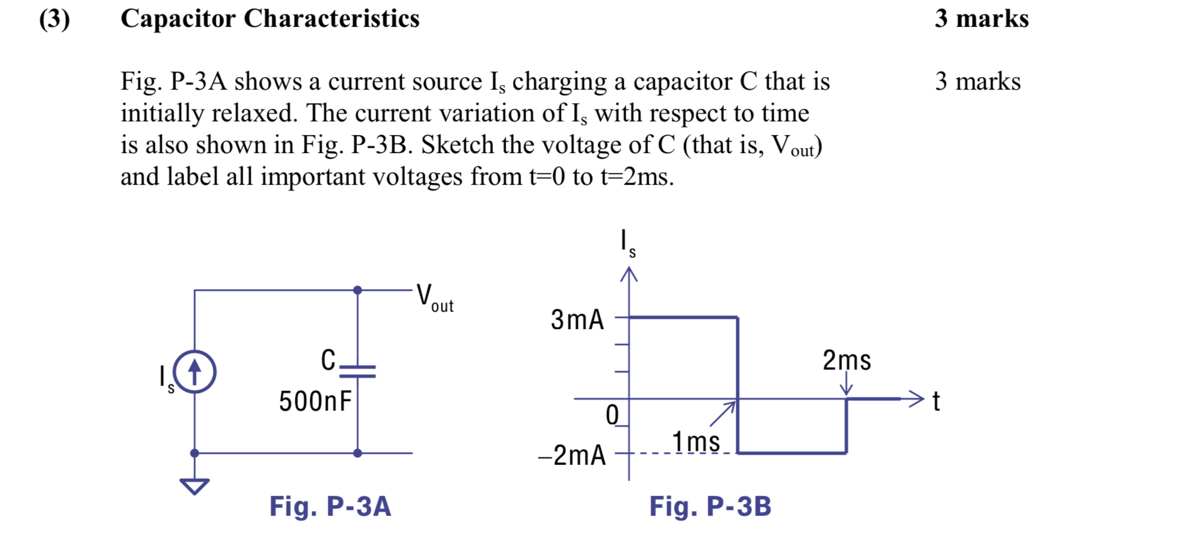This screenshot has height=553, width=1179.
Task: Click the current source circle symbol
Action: click(x=195, y=372)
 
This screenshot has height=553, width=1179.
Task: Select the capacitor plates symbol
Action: click(x=358, y=372)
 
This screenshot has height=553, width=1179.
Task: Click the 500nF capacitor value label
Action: click(x=315, y=401)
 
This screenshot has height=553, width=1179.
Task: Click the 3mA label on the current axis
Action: click(x=577, y=320)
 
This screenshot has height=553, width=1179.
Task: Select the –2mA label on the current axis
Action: click(x=571, y=455)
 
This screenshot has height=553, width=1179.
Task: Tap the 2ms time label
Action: click(x=846, y=360)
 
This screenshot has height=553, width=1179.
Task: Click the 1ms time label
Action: click(x=696, y=442)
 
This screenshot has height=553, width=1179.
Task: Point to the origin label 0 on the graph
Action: click(x=613, y=415)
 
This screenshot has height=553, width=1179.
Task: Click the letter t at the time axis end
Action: click(x=936, y=402)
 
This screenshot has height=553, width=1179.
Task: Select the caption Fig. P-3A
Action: click(x=330, y=506)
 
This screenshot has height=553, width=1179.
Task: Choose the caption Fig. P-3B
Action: click(x=710, y=506)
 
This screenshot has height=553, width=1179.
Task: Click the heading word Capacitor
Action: click(x=178, y=19)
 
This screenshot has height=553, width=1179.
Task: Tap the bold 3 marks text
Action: click(x=981, y=19)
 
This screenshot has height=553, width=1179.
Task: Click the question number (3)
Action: click(x=55, y=19)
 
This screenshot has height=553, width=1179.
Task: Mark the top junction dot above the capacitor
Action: click(x=358, y=290)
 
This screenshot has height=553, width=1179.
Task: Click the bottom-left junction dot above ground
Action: click(x=195, y=453)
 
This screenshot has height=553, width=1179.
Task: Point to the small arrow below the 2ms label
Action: click(x=846, y=384)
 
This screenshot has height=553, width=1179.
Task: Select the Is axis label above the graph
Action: click(x=627, y=243)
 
